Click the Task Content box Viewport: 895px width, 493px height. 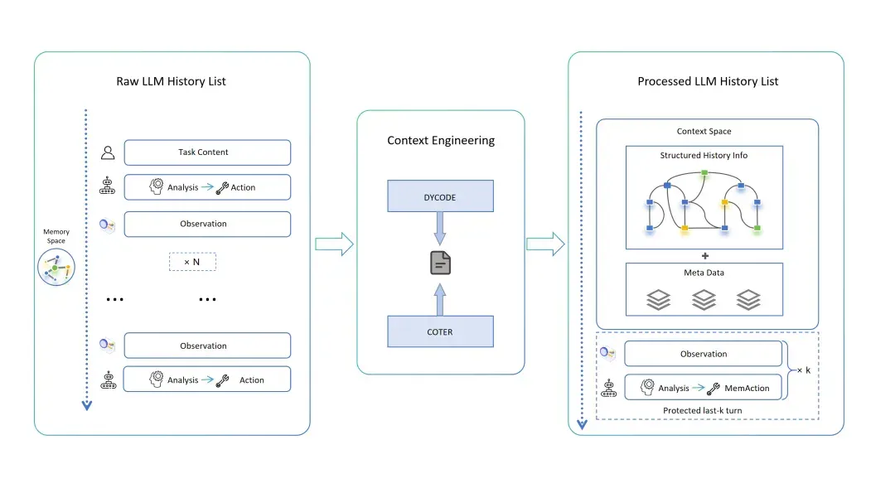(x=207, y=152)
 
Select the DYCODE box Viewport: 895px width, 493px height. (x=440, y=196)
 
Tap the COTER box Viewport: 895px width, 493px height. (x=440, y=331)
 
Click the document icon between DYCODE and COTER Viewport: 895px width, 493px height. (x=440, y=263)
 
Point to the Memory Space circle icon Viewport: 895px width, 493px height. (x=56, y=267)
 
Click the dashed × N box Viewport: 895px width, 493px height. (x=192, y=262)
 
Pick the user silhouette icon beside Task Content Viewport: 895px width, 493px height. (x=108, y=152)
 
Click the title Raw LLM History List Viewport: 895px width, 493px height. (x=171, y=81)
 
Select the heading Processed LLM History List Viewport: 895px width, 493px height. (x=708, y=81)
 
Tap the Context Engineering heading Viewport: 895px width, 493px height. (x=441, y=140)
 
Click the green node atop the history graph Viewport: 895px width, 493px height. (x=704, y=172)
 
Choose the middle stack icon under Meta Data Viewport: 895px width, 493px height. (x=704, y=300)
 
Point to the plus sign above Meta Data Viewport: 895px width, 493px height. (x=705, y=256)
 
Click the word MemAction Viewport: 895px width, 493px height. (x=747, y=388)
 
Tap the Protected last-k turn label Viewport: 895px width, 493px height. (x=702, y=410)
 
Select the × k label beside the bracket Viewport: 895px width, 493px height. (x=804, y=370)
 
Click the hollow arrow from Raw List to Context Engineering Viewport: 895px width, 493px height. (x=335, y=244)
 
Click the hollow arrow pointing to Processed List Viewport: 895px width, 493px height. (x=545, y=244)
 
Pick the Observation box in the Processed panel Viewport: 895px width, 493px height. (x=704, y=354)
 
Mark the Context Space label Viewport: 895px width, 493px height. (x=704, y=131)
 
